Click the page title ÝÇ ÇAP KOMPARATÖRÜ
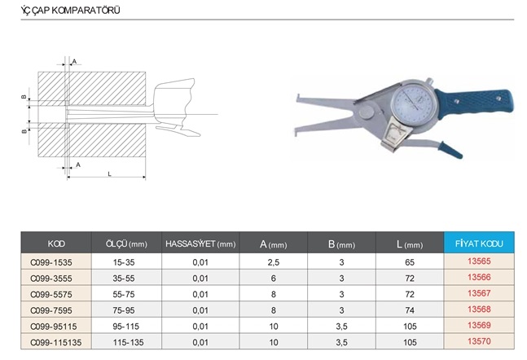[x=70, y=11]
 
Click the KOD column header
[x=56, y=244]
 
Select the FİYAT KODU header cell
[x=479, y=244]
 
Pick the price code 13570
[x=479, y=341]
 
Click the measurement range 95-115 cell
[x=125, y=327]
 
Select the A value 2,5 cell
[x=274, y=262]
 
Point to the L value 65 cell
[x=410, y=262]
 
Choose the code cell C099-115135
[x=55, y=343]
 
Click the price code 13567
[x=479, y=293]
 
